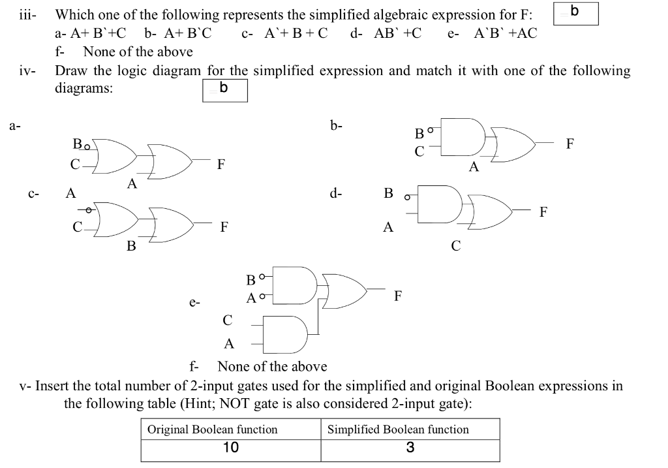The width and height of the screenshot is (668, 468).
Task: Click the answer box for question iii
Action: tap(575, 14)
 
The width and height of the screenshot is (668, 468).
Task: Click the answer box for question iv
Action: tap(225, 91)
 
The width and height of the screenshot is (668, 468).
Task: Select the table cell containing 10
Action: tap(231, 448)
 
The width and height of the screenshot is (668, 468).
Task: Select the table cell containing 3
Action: tap(410, 448)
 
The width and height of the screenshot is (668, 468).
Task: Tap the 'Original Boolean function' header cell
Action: tap(213, 429)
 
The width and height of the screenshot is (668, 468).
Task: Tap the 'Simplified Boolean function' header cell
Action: tap(398, 429)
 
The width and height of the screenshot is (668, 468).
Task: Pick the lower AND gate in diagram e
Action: tap(286, 332)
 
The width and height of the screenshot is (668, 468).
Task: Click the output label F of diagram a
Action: tap(221, 163)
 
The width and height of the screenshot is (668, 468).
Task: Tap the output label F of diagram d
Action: tap(544, 211)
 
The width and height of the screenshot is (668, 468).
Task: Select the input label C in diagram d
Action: tap(455, 246)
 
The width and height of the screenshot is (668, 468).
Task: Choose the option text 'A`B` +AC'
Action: tap(505, 33)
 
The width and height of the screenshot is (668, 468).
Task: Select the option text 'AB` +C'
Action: tap(397, 33)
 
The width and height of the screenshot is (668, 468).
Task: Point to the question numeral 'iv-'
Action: tap(27, 71)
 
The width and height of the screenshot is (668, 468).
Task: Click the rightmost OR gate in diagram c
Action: tap(172, 224)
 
